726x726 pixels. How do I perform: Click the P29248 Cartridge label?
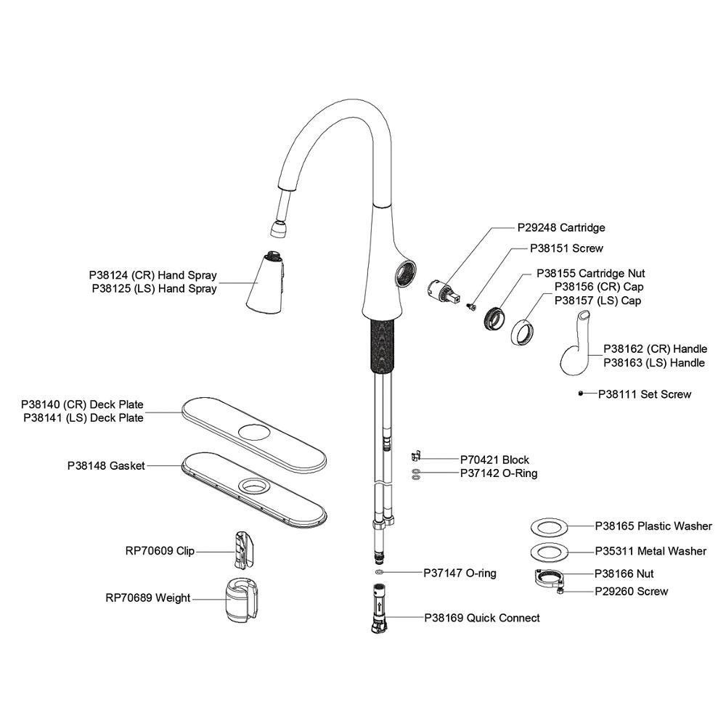pyautogui.click(x=561, y=227)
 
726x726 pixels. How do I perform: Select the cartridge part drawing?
pyautogui.click(x=442, y=293)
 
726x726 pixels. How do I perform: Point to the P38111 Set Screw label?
pyautogui.click(x=645, y=394)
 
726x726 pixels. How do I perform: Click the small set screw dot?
pyautogui.click(x=582, y=393)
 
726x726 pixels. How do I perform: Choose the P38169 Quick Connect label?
pyautogui.click(x=482, y=618)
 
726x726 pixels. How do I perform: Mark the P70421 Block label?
pyautogui.click(x=494, y=460)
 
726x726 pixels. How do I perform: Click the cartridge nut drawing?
pyautogui.click(x=496, y=317)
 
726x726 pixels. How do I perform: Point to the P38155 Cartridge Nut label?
pyautogui.click(x=590, y=274)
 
